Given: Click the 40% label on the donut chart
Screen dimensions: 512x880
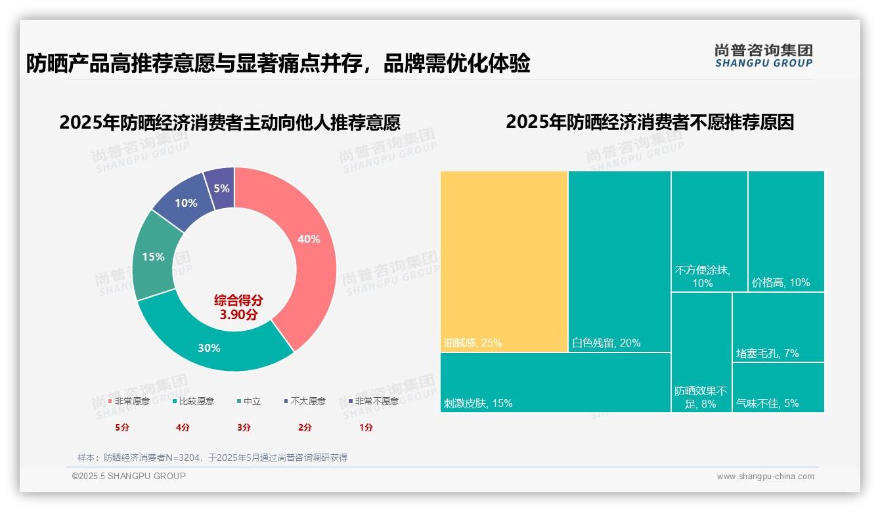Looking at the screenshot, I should pos(308,239).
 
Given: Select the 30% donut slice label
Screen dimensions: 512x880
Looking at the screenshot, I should pos(209,348).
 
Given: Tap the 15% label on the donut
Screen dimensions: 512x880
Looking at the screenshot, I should pos(153,257).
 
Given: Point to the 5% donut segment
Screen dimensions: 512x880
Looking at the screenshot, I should pos(221,188).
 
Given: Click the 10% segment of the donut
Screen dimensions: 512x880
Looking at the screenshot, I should pos(186,203).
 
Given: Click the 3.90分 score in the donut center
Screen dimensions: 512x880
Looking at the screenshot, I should pos(238,314).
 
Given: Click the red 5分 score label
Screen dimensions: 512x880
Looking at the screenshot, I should pos(122,427).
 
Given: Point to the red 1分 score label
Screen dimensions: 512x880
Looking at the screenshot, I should pos(366,427).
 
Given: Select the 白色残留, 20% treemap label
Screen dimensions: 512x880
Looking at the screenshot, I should pos(606,343).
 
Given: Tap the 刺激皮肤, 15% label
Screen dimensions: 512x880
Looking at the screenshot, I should pos(478,403).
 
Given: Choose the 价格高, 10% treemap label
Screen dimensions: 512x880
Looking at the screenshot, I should pos(781,283).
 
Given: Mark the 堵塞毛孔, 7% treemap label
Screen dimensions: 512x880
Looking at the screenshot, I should pos(767,353).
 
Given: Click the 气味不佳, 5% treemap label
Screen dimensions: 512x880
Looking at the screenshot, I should pos(767,403).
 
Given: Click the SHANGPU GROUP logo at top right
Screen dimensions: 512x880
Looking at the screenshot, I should pos(763,55).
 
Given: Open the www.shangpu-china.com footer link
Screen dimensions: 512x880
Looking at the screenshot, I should pos(765,477).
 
